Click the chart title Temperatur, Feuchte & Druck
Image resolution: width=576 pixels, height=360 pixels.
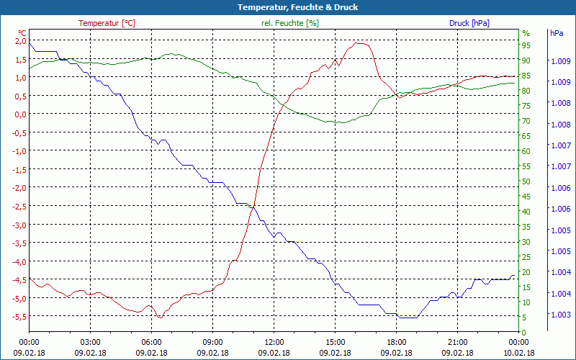pos(287,7)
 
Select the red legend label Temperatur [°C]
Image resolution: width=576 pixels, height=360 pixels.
pos(107,23)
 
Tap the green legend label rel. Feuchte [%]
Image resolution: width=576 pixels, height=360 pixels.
pos(290,23)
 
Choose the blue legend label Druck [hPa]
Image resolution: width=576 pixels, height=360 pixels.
pos(469,23)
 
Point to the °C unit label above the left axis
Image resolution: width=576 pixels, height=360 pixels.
pos(22,33)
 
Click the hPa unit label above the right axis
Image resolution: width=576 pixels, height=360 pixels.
pos(557,33)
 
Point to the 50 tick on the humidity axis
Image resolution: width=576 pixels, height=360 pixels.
pos(526,181)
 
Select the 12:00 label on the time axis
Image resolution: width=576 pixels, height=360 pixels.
pos(274,342)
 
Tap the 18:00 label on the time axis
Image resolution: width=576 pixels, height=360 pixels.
pos(397,342)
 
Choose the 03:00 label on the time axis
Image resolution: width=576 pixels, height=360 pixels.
pos(90,342)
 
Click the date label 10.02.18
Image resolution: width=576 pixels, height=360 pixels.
pos(519,353)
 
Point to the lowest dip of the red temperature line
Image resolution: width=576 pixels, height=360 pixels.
pos(160,318)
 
